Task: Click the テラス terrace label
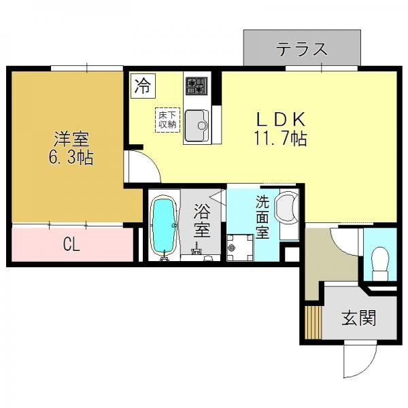coord(301,49)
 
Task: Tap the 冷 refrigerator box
coord(143,86)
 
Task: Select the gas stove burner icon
coord(197,86)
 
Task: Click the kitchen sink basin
coord(197,126)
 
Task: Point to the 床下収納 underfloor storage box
coord(167,120)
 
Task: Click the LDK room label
coord(281,119)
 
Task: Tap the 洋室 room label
coord(71,139)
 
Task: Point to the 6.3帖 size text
coord(71,157)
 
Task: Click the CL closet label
coord(71,244)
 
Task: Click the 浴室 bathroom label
coord(202,220)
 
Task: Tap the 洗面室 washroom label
coord(262,217)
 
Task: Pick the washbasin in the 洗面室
coord(286,207)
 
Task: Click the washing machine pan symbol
coord(240,248)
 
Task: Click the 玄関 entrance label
coord(359,317)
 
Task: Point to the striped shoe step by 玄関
coord(313,322)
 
